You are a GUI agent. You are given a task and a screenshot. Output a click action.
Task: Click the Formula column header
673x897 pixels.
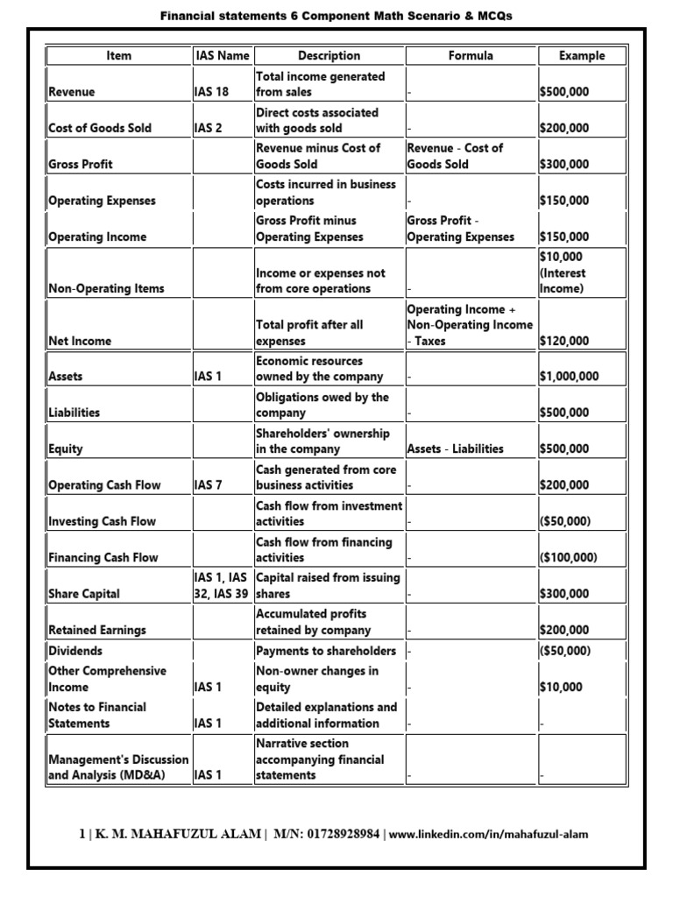coord(471,56)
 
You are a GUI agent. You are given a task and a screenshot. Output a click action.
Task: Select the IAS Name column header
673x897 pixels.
coord(221,56)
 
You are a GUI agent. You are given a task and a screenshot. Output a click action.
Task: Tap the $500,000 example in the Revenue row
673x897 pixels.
coord(564,92)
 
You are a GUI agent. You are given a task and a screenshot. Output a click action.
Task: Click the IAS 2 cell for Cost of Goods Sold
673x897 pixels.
coord(209,128)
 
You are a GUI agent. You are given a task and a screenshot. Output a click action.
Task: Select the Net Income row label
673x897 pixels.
coord(80,342)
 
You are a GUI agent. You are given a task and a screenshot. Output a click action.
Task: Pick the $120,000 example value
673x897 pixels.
coord(564,342)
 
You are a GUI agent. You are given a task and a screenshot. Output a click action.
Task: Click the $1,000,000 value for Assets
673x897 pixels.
coord(570,377)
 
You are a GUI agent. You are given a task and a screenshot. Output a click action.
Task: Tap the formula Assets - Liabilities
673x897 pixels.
coord(456,449)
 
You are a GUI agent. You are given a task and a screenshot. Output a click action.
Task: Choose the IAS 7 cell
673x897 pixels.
coord(209,485)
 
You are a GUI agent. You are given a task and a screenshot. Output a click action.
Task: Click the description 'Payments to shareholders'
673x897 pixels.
coord(326,651)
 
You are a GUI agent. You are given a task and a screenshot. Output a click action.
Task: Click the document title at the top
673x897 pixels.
coord(336,17)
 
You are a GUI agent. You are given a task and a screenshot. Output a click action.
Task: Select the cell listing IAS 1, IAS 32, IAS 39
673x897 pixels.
coord(221,585)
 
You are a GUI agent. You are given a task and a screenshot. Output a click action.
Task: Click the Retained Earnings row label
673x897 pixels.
coord(97,630)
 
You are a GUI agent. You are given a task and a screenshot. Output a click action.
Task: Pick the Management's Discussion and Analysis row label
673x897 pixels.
coord(118,767)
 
